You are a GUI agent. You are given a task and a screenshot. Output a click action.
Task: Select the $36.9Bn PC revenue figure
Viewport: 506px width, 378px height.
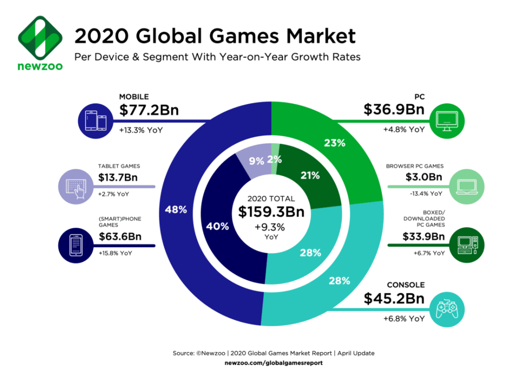pyautogui.click(x=394, y=109)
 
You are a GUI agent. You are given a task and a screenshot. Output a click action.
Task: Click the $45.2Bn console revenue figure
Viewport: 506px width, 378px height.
pyautogui.click(x=394, y=298)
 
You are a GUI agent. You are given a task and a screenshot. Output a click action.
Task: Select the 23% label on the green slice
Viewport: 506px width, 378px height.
pyautogui.click(x=335, y=144)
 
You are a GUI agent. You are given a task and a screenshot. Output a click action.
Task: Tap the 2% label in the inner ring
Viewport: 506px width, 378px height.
pyautogui.click(x=275, y=160)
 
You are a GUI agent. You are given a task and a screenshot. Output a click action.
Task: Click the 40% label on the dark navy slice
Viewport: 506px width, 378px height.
pyautogui.click(x=218, y=227)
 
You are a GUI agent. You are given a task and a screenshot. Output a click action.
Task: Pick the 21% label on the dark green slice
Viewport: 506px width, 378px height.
pyautogui.click(x=310, y=175)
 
